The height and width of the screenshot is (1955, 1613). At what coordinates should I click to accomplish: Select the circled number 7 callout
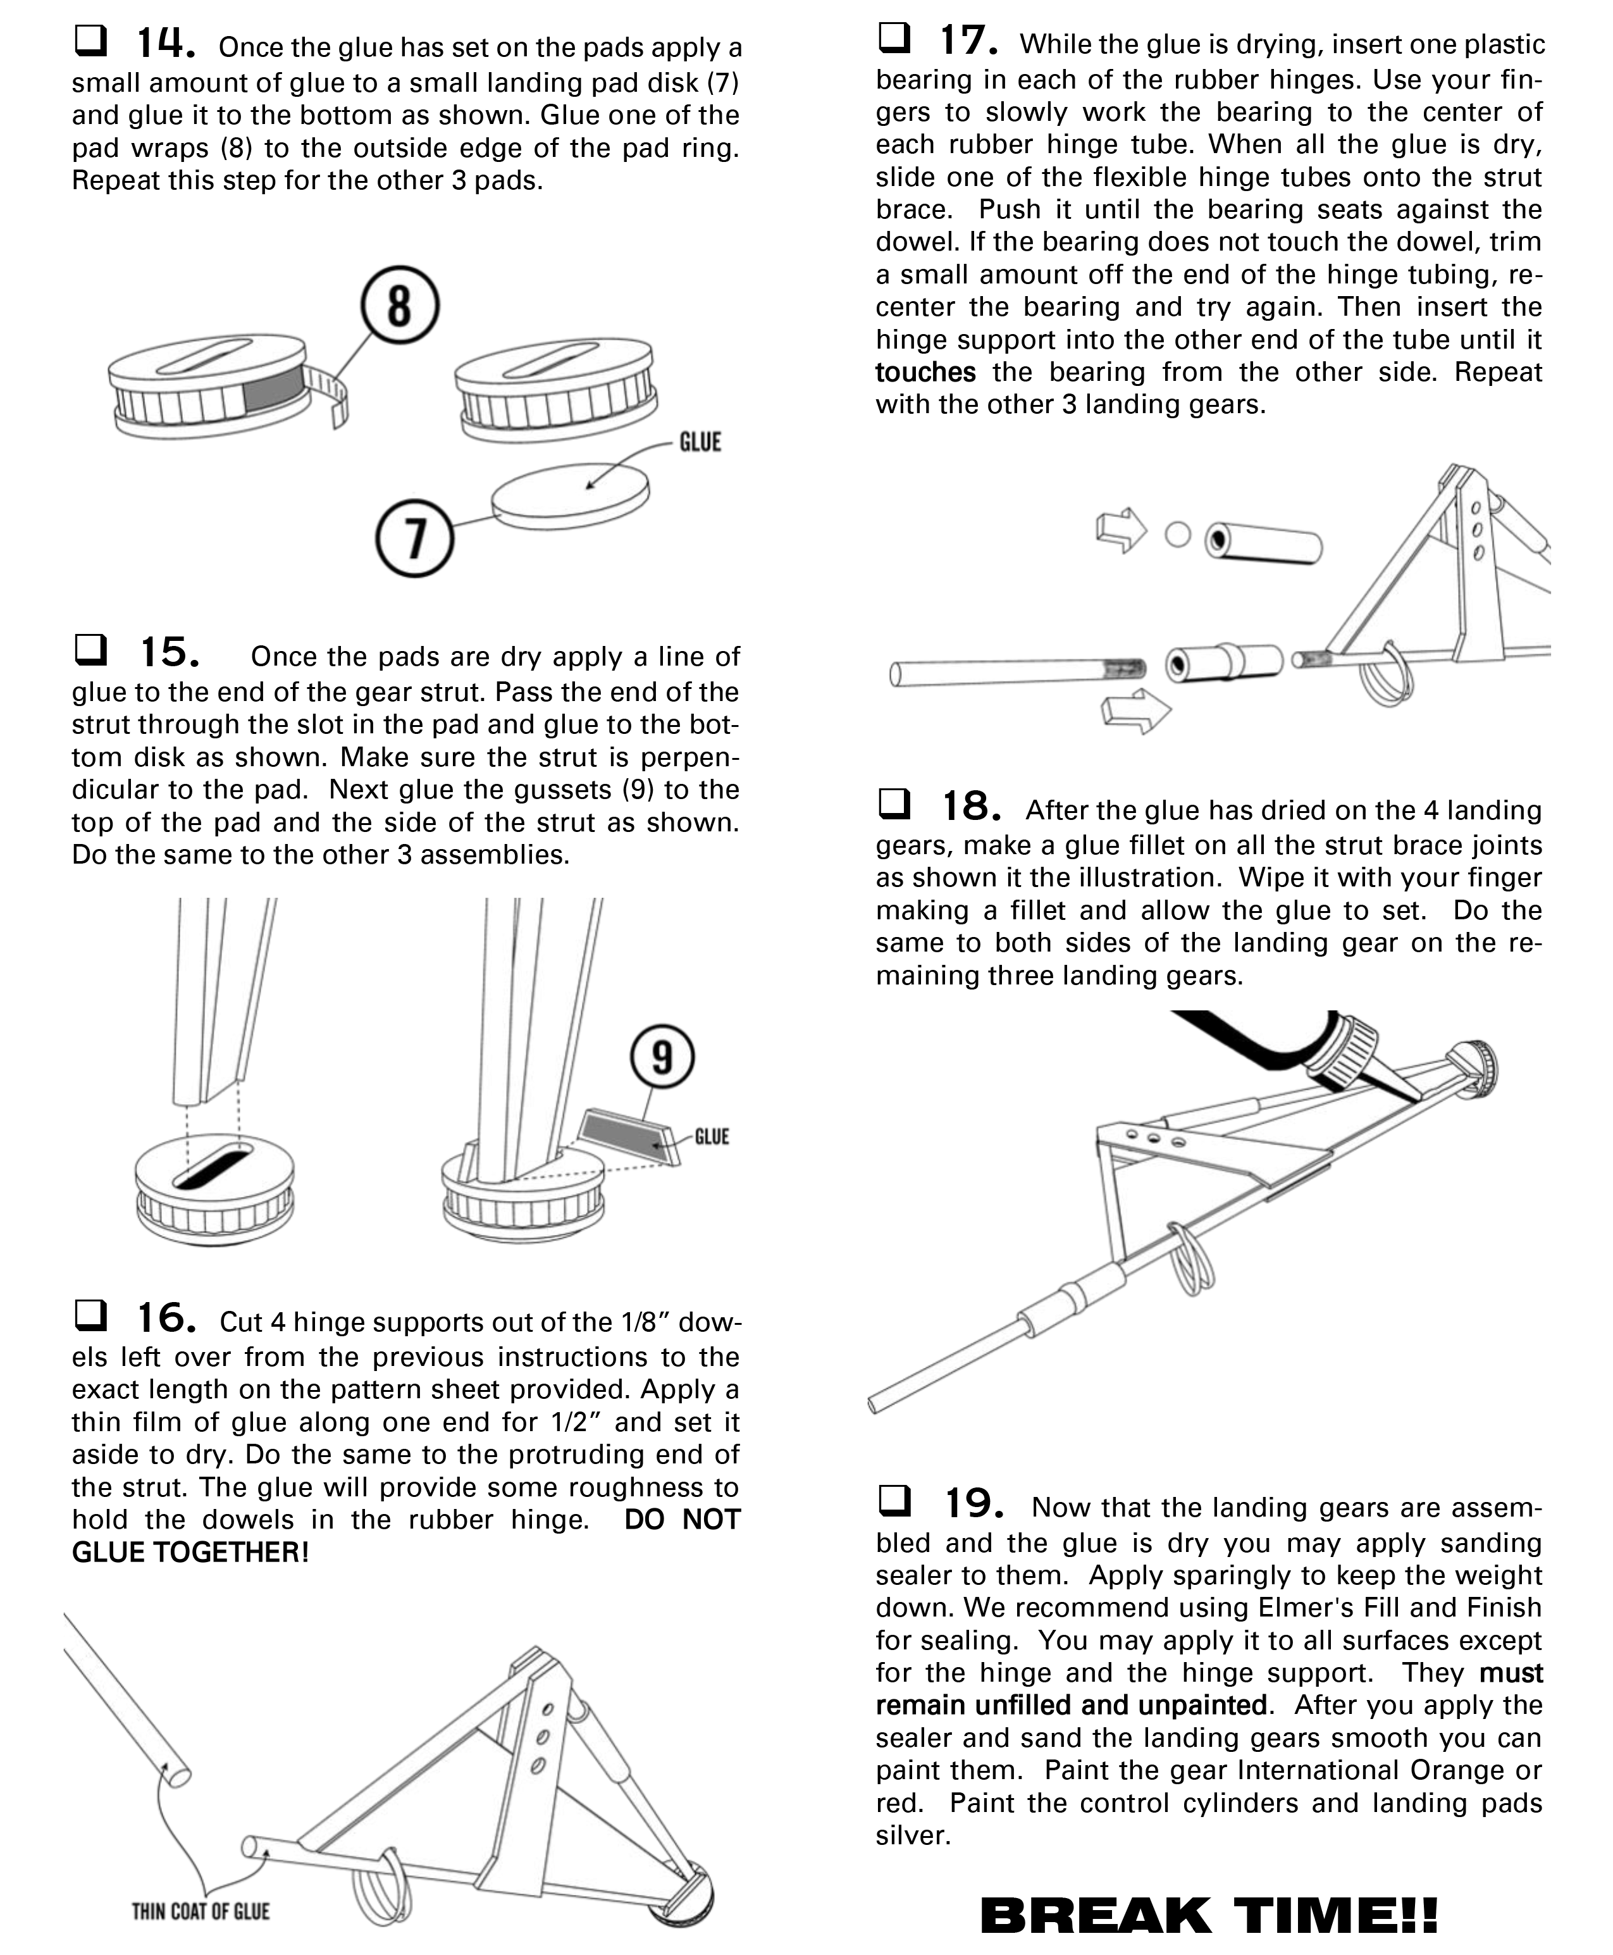click(414, 537)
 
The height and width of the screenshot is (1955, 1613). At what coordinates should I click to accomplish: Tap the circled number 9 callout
click(662, 1057)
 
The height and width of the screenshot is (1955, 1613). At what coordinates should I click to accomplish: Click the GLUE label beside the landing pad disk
click(700, 442)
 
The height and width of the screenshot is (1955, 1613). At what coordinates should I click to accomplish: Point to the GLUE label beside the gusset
click(712, 1136)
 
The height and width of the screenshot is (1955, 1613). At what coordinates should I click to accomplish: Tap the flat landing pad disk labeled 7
click(569, 497)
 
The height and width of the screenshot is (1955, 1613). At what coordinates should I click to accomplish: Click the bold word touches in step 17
click(925, 373)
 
